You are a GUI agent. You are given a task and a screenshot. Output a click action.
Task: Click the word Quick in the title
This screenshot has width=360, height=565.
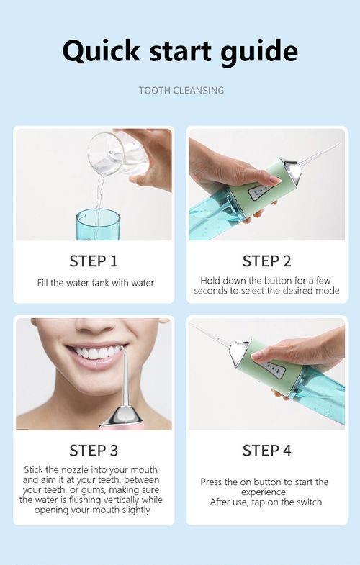[102, 50]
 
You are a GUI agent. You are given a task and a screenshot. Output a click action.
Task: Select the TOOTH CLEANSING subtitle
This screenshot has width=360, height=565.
[181, 91]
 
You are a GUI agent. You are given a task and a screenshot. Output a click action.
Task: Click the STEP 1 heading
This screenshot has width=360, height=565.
[93, 261]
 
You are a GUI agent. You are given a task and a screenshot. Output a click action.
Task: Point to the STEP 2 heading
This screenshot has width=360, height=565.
[266, 261]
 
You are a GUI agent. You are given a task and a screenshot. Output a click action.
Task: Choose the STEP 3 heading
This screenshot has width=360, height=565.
[93, 451]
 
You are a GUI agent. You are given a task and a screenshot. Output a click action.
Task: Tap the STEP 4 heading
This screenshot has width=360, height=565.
[266, 451]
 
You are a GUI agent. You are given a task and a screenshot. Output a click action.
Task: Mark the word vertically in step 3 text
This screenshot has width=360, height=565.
[119, 500]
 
